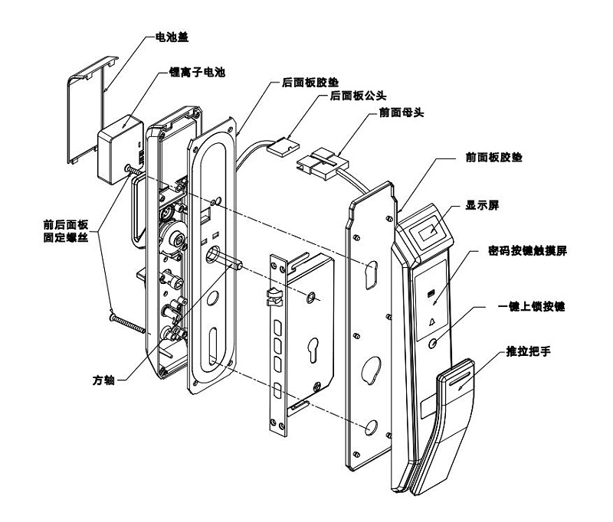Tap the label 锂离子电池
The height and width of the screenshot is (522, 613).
(x=197, y=73)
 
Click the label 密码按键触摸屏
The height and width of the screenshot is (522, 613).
(x=526, y=250)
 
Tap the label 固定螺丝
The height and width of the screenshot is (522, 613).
(x=67, y=238)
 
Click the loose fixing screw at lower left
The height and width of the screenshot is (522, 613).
(x=129, y=321)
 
